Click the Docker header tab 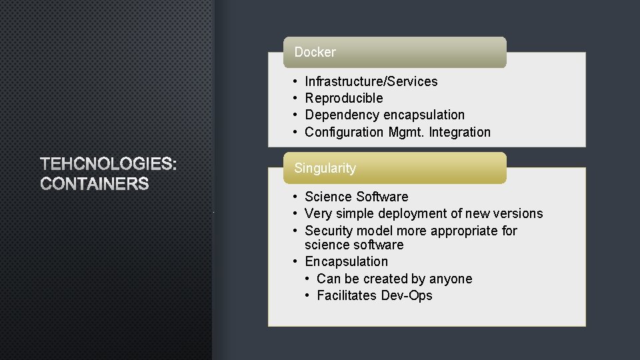click(x=394, y=52)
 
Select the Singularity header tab click(x=394, y=168)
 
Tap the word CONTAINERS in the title click(x=95, y=184)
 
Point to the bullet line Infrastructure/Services click(x=371, y=81)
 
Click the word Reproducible click(x=343, y=98)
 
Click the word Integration click(x=459, y=132)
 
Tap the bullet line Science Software click(x=356, y=197)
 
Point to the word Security click(x=329, y=231)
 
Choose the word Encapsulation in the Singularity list click(x=346, y=261)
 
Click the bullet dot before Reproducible click(x=295, y=98)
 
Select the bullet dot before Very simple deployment click(x=295, y=213)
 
